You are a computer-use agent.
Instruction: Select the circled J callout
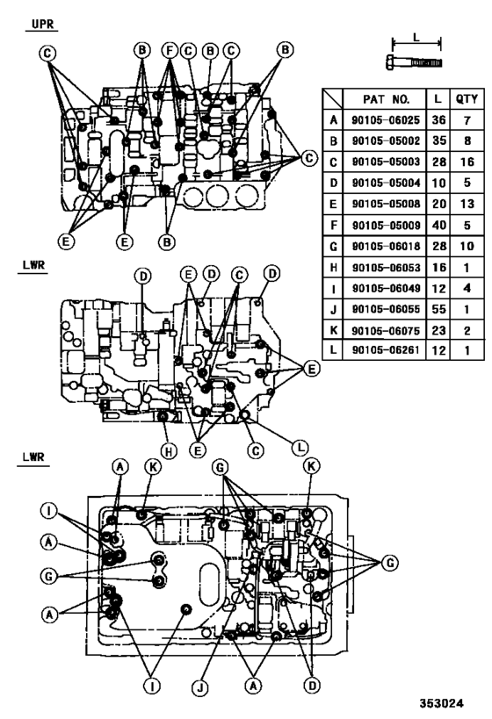click(200, 687)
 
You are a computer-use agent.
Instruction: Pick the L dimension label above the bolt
click(416, 40)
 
